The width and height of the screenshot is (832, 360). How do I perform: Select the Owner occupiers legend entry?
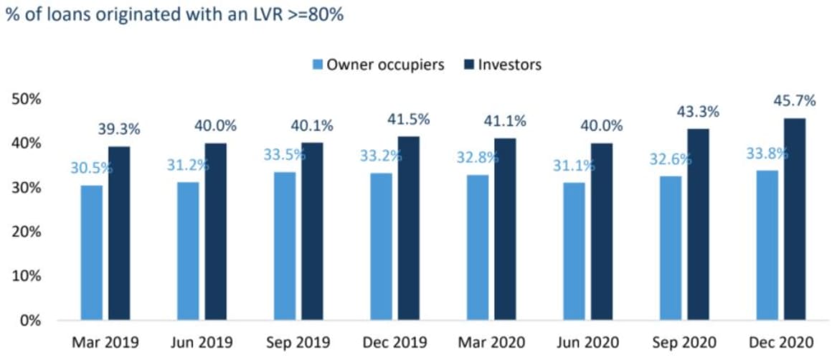click(378, 65)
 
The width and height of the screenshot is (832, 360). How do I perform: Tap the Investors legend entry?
click(502, 65)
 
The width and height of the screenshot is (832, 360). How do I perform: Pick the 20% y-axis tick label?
click(27, 232)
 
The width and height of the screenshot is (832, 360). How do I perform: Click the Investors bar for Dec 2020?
click(794, 219)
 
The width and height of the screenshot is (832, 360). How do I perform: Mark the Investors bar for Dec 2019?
click(409, 228)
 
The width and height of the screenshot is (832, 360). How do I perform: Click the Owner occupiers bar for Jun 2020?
click(574, 251)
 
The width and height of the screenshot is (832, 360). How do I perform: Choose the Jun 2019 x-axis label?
click(202, 342)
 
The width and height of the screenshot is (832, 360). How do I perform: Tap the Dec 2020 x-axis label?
click(780, 342)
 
